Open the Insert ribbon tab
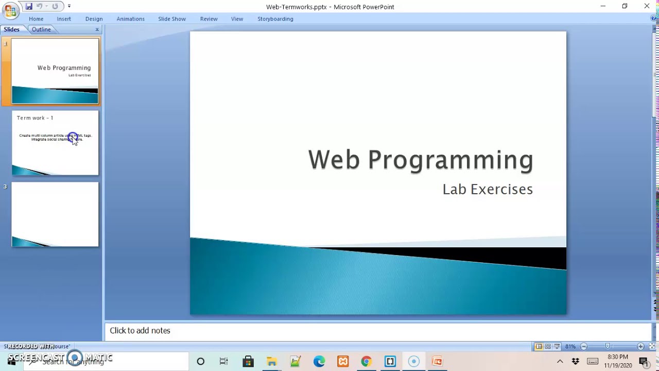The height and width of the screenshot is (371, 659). (x=64, y=19)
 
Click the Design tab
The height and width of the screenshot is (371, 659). (x=94, y=19)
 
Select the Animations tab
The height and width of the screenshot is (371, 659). (x=130, y=19)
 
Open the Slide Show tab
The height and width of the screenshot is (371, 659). (x=172, y=19)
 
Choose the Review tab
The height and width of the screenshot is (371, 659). (x=209, y=19)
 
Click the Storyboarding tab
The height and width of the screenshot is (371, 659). (x=275, y=19)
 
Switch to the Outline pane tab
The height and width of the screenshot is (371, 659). (x=41, y=29)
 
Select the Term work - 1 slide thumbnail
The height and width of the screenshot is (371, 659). (x=55, y=143)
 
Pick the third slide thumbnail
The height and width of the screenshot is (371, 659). (x=55, y=214)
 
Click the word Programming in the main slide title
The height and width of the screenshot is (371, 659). (x=450, y=160)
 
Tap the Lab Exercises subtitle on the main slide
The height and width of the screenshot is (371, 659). (x=488, y=189)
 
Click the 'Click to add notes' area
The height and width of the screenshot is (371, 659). (x=140, y=331)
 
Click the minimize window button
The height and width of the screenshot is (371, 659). (x=603, y=6)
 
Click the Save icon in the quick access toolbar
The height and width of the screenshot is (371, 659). (x=29, y=6)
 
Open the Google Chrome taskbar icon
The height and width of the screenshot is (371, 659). (x=366, y=361)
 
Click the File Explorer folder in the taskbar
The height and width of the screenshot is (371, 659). (x=271, y=361)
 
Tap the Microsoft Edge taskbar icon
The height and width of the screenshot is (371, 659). (x=319, y=361)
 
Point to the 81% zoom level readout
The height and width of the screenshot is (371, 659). (x=570, y=346)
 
